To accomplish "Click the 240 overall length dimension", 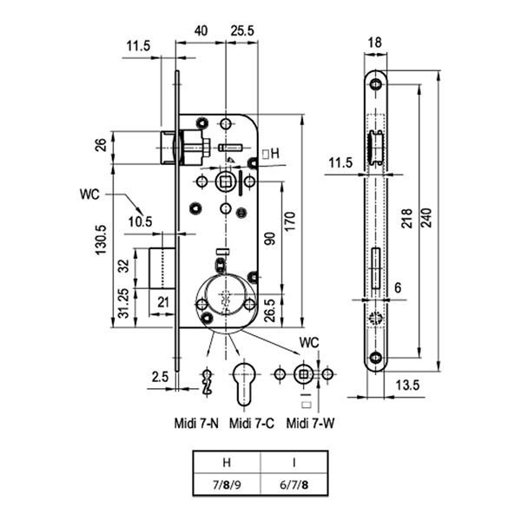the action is coord(426,218).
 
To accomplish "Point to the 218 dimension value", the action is coord(406,218).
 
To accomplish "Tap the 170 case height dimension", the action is coord(290,221).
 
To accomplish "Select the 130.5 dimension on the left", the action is coord(101,240).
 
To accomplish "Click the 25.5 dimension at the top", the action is coord(242,31).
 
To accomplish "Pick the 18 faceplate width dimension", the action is coord(375,43).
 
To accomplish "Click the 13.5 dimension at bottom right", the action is coord(407,385).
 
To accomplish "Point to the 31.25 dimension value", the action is coord(123,303).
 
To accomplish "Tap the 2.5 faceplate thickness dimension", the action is coord(160,377).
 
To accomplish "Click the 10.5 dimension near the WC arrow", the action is coord(140,221).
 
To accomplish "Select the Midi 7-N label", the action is coord(196,424).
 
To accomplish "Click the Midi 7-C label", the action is coord(252,424).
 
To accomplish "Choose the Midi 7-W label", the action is coord(310,424).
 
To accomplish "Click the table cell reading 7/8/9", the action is coord(227,485).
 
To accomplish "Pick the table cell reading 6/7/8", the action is coord(294,485).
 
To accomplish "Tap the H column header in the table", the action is coord(227,462).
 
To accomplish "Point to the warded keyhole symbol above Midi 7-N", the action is coord(208,382).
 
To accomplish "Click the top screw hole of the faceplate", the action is coord(375,84).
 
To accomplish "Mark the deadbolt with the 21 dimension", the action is coord(162,268).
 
